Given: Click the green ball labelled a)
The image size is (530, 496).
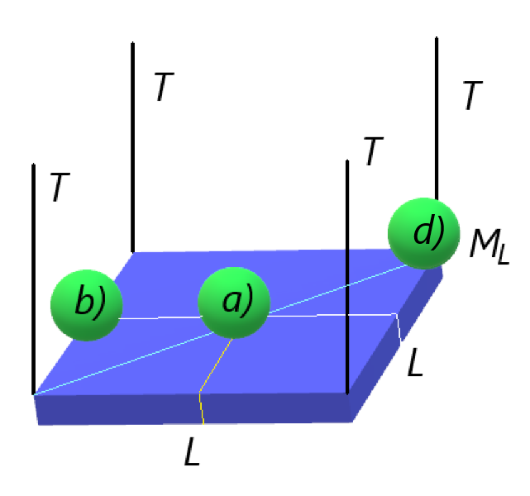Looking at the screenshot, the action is pyautogui.click(x=234, y=303).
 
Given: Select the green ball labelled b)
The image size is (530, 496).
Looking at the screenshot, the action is pyautogui.click(x=87, y=305).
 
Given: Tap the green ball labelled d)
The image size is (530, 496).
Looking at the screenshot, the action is pyautogui.click(x=423, y=233).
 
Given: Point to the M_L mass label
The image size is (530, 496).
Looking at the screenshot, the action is pyautogui.click(x=489, y=244).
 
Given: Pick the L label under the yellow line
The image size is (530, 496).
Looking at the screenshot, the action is pyautogui.click(x=193, y=451).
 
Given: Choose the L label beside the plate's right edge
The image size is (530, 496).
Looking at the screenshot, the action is pyautogui.click(x=415, y=362).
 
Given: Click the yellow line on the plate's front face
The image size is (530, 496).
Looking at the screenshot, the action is pyautogui.click(x=202, y=408).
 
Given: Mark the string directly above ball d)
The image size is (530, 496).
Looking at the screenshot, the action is pyautogui.click(x=437, y=118).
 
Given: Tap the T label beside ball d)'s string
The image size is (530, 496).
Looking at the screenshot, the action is pyautogui.click(x=473, y=95).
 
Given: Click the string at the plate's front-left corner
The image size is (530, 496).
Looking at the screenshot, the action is pyautogui.click(x=33, y=279).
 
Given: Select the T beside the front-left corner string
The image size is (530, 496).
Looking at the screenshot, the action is pyautogui.click(x=60, y=187).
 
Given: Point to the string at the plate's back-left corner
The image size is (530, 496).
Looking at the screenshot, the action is pyautogui.click(x=133, y=147).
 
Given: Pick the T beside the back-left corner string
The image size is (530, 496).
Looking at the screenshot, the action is pyautogui.click(x=164, y=87).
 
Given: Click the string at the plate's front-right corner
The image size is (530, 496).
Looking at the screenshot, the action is pyautogui.click(x=347, y=277).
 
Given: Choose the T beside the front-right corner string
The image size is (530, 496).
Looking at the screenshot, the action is pyautogui.click(x=373, y=151).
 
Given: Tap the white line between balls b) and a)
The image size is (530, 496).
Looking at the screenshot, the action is pyautogui.click(x=160, y=317).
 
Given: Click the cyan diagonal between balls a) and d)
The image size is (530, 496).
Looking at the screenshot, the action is pyautogui.click(x=337, y=289).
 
